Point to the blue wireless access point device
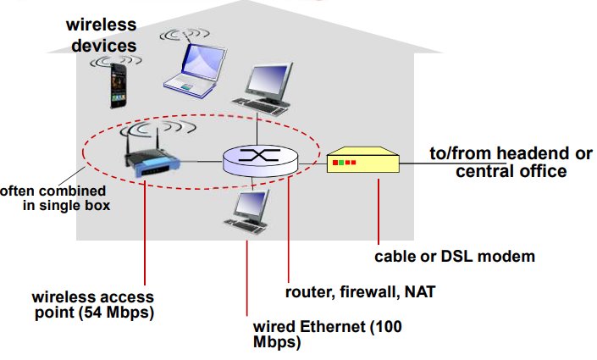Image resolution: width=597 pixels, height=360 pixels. (153, 161)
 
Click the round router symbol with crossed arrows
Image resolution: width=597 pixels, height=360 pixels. (261, 158)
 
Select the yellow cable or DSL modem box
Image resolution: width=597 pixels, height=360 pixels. (362, 160)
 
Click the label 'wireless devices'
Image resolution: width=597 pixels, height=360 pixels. (102, 35)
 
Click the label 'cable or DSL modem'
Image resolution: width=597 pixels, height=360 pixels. (455, 255)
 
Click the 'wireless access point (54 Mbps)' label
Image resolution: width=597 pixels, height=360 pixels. (93, 306)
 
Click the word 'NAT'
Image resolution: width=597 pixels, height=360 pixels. (423, 293)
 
